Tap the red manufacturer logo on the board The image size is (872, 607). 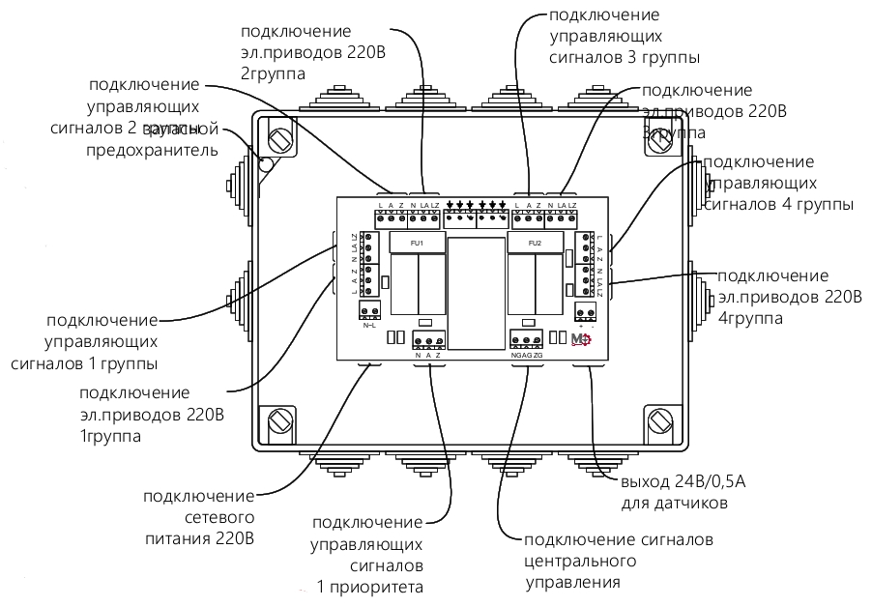pos(581,338)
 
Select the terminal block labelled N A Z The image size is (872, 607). pos(427,339)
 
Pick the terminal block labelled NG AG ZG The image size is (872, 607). pos(527,339)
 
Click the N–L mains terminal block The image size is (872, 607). pos(369,310)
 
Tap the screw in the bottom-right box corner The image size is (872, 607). pos(660,420)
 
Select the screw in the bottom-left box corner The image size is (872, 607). pos(281,420)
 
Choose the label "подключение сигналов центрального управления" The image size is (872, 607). pos(619,561)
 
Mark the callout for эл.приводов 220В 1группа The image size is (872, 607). pos(153,415)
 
